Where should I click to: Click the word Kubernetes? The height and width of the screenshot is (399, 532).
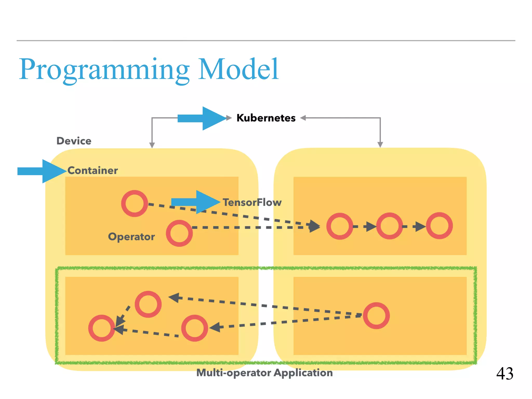[x=266, y=118]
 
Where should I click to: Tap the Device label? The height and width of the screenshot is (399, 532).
[x=74, y=141]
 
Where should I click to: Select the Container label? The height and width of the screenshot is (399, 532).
[x=93, y=171]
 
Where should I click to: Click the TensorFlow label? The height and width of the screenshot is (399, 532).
[x=252, y=202]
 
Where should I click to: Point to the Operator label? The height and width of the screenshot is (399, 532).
[x=131, y=237]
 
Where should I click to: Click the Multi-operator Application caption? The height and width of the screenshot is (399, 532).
[x=264, y=373]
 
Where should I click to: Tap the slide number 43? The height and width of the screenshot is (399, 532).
[x=504, y=374]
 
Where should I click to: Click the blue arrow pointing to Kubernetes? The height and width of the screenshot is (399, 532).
[x=201, y=118]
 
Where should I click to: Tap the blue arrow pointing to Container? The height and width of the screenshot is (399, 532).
[x=42, y=171]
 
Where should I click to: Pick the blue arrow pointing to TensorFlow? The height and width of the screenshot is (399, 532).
[x=195, y=202]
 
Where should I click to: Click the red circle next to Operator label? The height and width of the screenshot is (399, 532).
[x=179, y=233]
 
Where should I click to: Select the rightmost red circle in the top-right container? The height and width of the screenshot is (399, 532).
[x=439, y=225]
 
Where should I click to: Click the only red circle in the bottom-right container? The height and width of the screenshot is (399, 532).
[x=376, y=315]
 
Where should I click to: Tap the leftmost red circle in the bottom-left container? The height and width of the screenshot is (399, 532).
[x=102, y=328]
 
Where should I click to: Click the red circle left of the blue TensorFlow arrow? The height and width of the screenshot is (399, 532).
[x=135, y=203]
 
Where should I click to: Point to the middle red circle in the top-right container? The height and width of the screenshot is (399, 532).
[x=389, y=226]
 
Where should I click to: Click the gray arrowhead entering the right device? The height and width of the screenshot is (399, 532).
[x=380, y=144]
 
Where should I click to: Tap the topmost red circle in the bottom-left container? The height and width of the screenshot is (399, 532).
[x=148, y=304]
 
